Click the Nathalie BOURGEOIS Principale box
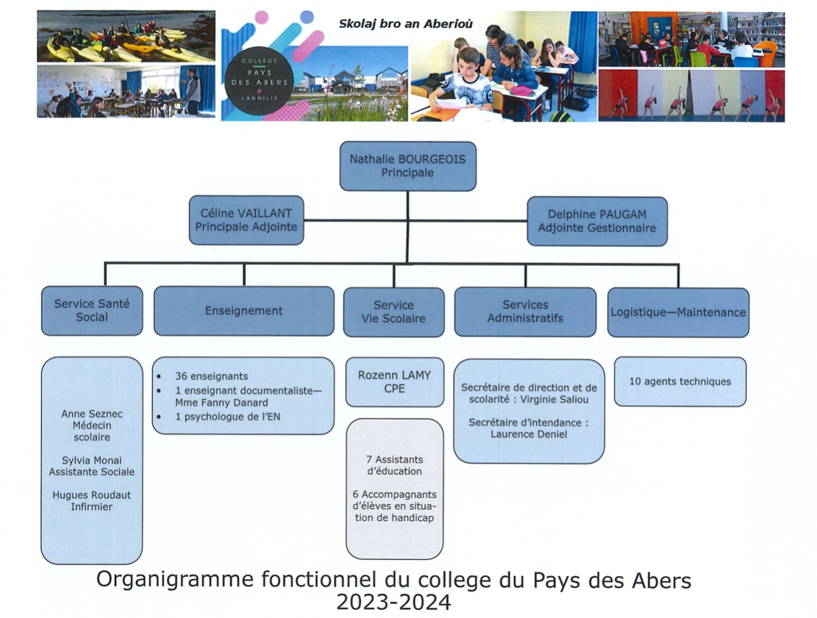coord(407,166)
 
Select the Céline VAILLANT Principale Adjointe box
coord(246,220)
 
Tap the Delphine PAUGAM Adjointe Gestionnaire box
coord(597,221)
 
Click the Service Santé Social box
coord(92,311)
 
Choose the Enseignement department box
coord(244,311)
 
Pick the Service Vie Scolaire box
coord(394,312)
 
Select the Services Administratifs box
coord(525,312)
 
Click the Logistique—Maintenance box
coord(679,312)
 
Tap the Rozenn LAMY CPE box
coord(394,381)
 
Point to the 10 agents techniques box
coord(680,381)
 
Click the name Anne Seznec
coord(92,414)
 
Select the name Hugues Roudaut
coord(92,495)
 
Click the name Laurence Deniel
coord(529,434)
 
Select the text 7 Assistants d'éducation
coord(394,465)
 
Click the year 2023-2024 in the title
coord(394,603)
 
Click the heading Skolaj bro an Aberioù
coord(406,24)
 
